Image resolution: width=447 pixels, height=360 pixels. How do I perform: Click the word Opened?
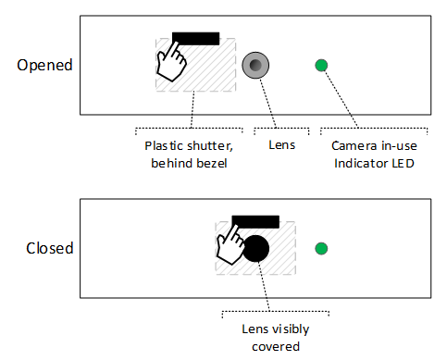pyautogui.click(x=44, y=66)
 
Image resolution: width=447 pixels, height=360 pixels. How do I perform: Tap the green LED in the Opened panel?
pyautogui.click(x=321, y=65)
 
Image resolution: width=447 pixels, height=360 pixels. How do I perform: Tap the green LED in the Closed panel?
pyautogui.click(x=321, y=248)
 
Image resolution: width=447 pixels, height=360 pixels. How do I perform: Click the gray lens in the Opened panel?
pyautogui.click(x=255, y=65)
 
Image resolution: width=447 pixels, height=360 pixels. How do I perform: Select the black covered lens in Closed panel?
pyautogui.click(x=255, y=248)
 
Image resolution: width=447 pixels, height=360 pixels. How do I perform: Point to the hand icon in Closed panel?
pyautogui.click(x=229, y=246)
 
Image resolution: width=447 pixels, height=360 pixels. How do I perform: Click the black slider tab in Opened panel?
pyautogui.click(x=195, y=38)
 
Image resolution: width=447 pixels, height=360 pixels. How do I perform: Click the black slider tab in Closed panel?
pyautogui.click(x=255, y=220)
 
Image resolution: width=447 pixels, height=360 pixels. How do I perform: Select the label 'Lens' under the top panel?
pyautogui.click(x=280, y=146)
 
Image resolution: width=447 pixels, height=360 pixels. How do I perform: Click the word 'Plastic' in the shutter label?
pyautogui.click(x=164, y=146)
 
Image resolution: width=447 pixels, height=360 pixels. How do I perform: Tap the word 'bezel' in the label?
pyautogui.click(x=211, y=164)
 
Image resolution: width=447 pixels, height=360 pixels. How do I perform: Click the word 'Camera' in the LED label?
pyautogui.click(x=353, y=146)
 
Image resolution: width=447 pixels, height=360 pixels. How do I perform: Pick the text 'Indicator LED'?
pyautogui.click(x=374, y=164)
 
